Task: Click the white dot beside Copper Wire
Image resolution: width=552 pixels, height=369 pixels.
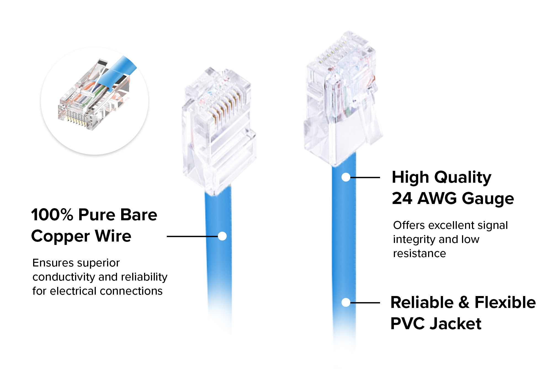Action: click(x=222, y=236)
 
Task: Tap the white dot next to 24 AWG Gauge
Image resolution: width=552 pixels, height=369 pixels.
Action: click(x=346, y=177)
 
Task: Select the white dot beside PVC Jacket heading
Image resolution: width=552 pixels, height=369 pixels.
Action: click(x=346, y=302)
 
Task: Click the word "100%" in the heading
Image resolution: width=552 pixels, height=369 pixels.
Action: click(x=52, y=215)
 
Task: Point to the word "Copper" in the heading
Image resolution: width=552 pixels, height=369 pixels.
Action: click(x=60, y=236)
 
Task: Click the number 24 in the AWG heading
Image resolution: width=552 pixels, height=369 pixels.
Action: click(x=402, y=198)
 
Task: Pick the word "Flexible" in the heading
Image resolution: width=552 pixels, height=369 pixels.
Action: click(x=505, y=302)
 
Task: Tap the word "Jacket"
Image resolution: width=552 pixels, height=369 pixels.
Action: click(x=456, y=324)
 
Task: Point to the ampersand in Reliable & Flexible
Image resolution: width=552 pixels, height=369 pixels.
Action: click(x=464, y=302)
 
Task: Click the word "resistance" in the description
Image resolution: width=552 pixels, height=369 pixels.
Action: click(x=420, y=253)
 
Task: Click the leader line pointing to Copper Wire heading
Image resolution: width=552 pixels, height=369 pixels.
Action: click(x=192, y=236)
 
